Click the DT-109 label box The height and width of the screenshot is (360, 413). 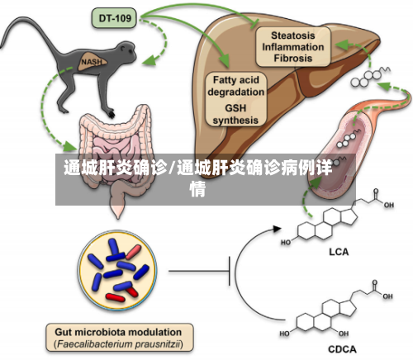click(x=114, y=18)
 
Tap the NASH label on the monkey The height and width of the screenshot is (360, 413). click(x=91, y=62)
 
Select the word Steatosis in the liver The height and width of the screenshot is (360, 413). click(x=292, y=36)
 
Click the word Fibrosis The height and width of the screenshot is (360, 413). click(x=292, y=58)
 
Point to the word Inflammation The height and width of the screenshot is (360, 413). click(x=292, y=47)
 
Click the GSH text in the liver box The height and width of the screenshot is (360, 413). click(x=235, y=108)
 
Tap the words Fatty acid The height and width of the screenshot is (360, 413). click(x=236, y=80)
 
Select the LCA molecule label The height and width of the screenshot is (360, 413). click(x=339, y=252)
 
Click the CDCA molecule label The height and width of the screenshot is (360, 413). click(x=342, y=349)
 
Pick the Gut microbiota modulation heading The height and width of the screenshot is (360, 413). click(x=118, y=332)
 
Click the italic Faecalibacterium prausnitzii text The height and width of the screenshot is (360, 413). click(x=118, y=344)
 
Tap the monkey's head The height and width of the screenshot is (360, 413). click(x=126, y=51)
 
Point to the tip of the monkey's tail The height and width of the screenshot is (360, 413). click(x=1, y=48)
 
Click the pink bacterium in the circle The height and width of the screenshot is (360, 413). click(x=134, y=252)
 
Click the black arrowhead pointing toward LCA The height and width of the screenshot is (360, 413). click(x=277, y=228)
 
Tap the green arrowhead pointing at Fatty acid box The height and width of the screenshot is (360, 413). click(x=225, y=62)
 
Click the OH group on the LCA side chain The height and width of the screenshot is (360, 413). click(x=388, y=205)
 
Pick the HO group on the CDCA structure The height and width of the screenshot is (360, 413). click(x=284, y=334)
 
